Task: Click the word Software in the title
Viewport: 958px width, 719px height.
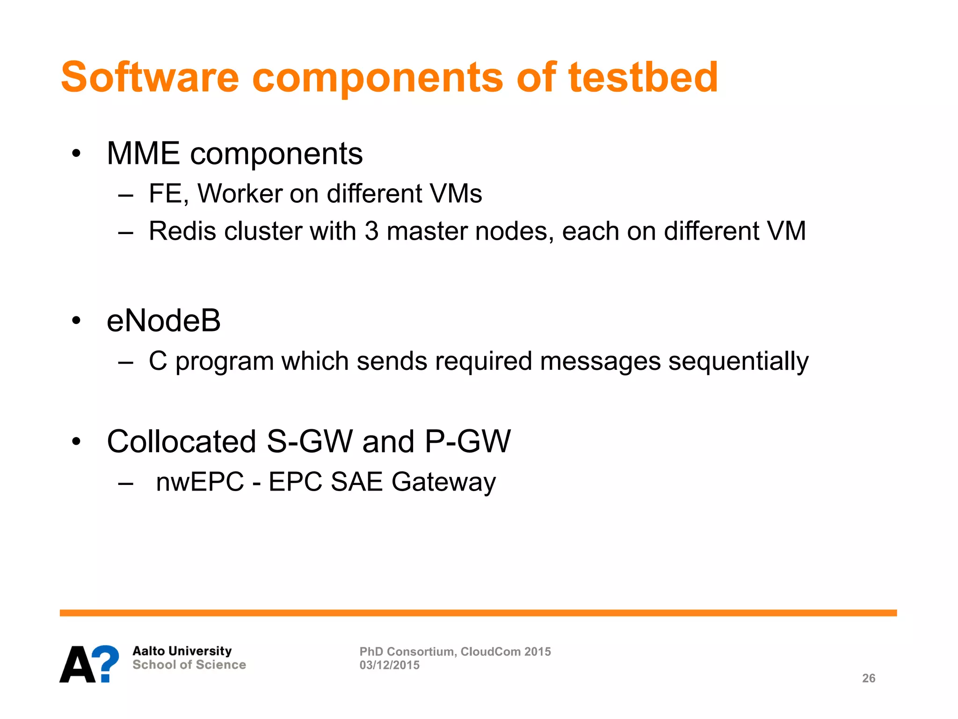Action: pyautogui.click(x=150, y=77)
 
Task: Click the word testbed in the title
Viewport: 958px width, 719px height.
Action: pyautogui.click(x=643, y=77)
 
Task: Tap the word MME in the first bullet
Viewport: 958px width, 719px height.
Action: pyautogui.click(x=143, y=154)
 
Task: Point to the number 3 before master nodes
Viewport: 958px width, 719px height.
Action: pyautogui.click(x=371, y=231)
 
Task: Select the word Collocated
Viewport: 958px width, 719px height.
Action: pyautogui.click(x=181, y=441)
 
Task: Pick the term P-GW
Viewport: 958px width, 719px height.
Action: pyautogui.click(x=468, y=441)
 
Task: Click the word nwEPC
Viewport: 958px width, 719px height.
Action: pyautogui.click(x=200, y=482)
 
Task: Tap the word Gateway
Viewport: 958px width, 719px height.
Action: pyautogui.click(x=443, y=482)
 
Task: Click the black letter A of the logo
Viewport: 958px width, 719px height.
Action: pyautogui.click(x=77, y=664)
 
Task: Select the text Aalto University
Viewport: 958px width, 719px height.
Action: pyautogui.click(x=182, y=651)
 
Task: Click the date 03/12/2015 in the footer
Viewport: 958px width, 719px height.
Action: pyautogui.click(x=390, y=665)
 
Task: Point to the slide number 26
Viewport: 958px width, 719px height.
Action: pyautogui.click(x=869, y=678)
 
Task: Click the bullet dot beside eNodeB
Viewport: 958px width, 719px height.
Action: pyautogui.click(x=76, y=321)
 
